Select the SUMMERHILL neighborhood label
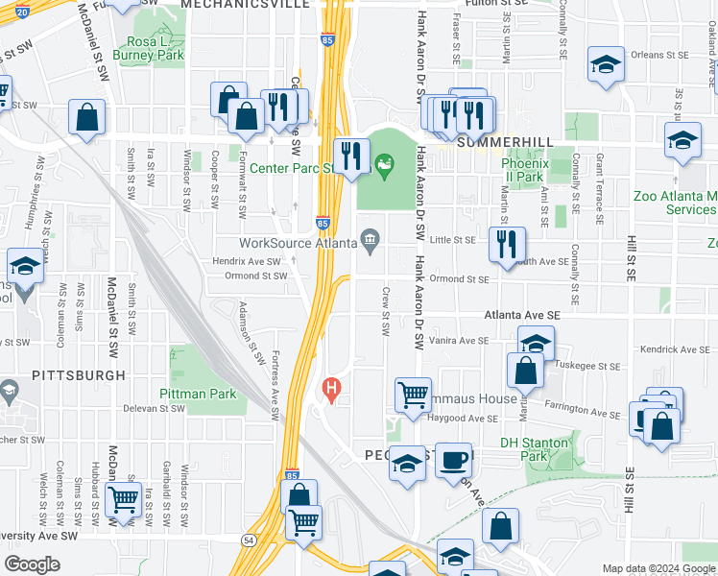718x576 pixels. click(493, 142)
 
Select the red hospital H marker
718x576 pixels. click(331, 390)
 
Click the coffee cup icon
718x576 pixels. click(452, 459)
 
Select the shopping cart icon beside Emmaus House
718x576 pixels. click(413, 394)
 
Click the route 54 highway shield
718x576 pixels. click(248, 541)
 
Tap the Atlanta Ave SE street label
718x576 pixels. click(521, 315)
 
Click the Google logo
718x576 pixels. click(33, 564)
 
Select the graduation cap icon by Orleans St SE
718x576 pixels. click(605, 64)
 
